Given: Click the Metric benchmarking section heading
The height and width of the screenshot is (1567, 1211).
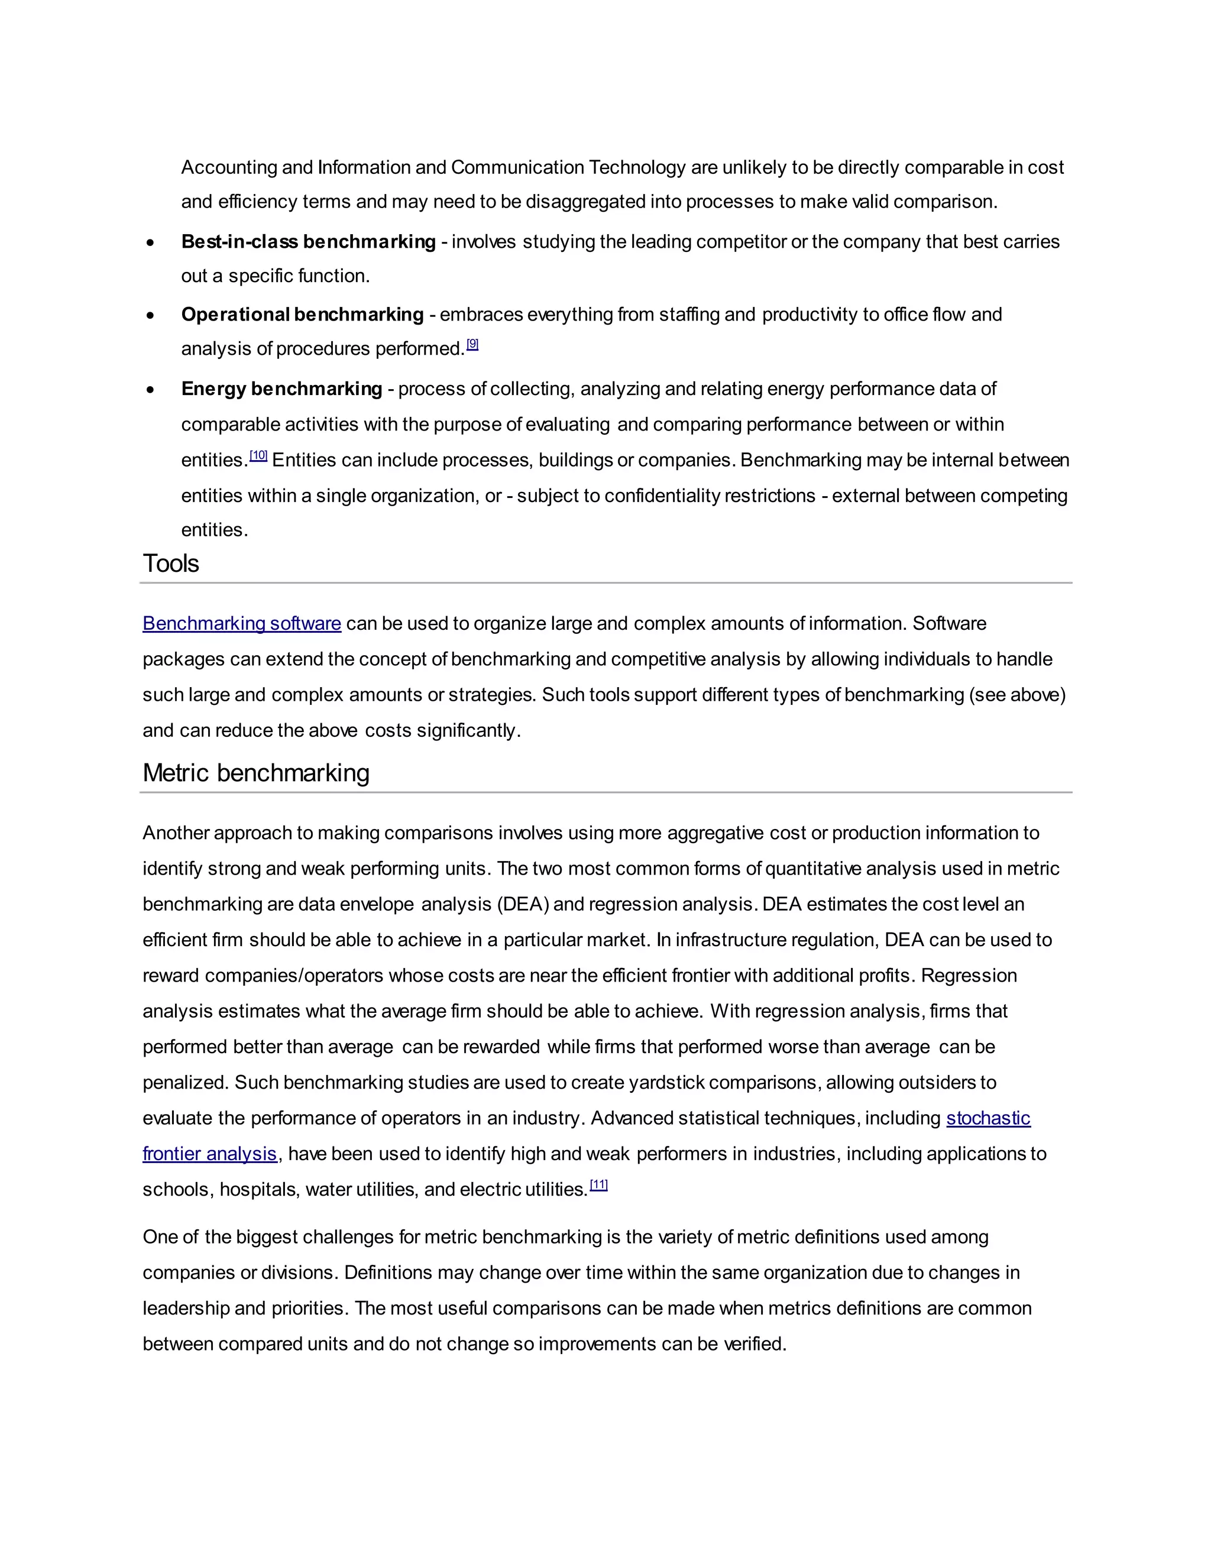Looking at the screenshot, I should coord(255,773).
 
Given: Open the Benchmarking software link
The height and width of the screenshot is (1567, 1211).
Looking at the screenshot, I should coord(242,623).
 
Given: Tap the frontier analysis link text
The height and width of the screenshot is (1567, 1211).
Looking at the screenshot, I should coord(209,1154).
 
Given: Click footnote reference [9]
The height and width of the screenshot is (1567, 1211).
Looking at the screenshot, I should coord(472,344).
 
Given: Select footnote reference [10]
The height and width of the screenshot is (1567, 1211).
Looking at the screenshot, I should coord(258,455).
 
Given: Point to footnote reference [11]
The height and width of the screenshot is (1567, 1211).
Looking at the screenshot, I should coord(598,1185).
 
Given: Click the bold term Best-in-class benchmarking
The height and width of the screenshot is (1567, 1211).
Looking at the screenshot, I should coord(309,242).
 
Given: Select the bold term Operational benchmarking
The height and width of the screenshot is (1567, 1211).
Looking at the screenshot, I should coord(302,314).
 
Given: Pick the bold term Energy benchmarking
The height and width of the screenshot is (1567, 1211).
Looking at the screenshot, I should coord(281,389).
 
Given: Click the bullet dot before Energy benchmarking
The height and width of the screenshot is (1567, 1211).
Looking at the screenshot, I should coord(150,390).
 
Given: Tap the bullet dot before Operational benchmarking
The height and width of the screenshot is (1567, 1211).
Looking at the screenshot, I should coord(150,315).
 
